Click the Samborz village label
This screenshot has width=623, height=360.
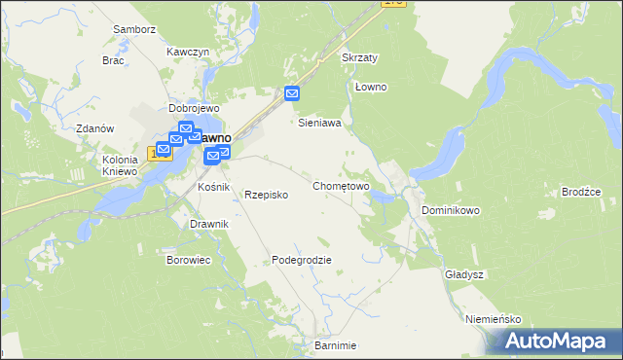point(134,29)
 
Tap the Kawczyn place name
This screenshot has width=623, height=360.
point(188,51)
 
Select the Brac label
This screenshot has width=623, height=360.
point(113,59)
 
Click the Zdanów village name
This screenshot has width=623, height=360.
point(95,128)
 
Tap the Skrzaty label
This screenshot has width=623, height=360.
point(359,57)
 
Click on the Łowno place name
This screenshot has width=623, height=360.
point(371,87)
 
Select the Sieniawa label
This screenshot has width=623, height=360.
point(318,124)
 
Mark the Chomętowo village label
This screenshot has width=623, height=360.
point(341,185)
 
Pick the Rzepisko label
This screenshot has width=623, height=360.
point(266,194)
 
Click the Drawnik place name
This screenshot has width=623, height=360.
point(209,224)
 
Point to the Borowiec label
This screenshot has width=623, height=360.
point(189,260)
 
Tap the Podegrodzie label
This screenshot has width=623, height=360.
point(302,260)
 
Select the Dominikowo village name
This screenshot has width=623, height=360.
point(451,209)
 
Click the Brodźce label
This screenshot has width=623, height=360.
point(581,192)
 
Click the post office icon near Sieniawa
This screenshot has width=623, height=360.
point(293,94)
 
